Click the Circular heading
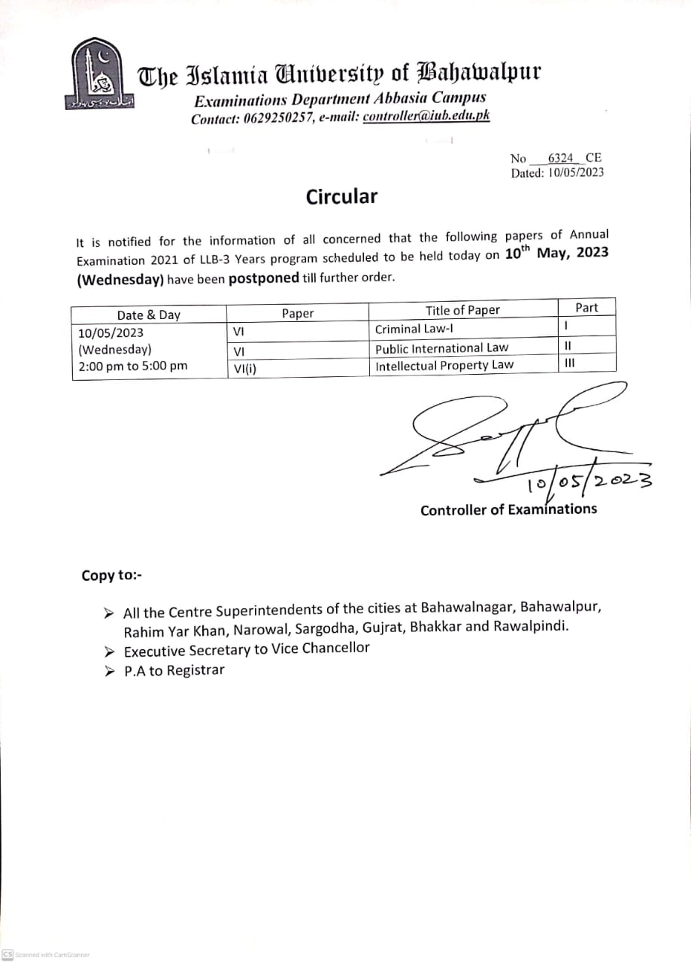point(341,197)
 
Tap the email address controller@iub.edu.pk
point(426,117)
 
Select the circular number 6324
point(561,158)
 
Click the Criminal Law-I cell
point(414,329)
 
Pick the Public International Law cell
point(441,348)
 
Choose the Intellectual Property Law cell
point(444,365)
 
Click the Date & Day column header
point(149,315)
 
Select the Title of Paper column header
point(462,310)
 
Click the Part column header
point(586,307)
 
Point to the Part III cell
point(569,363)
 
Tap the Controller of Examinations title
point(508,509)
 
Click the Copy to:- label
point(111,576)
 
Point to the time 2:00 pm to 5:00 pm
point(133,366)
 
